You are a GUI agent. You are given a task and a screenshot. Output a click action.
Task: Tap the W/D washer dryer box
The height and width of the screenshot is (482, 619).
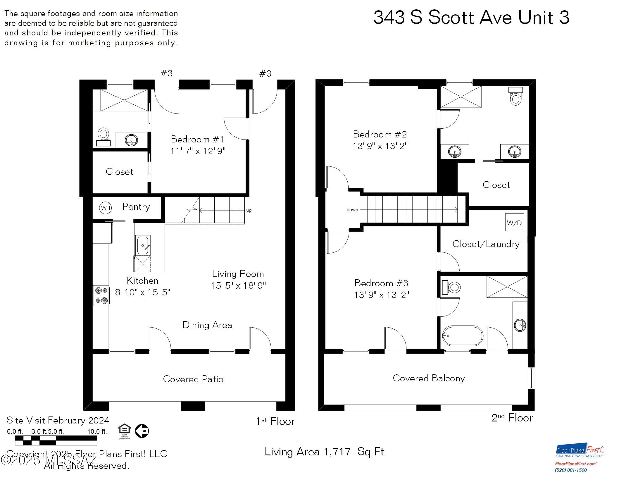pos(514,223)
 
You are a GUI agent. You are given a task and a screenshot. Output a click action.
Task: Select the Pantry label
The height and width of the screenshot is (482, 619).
pos(136,206)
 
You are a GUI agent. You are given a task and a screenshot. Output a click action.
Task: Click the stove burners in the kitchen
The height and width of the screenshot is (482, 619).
pos(101,295)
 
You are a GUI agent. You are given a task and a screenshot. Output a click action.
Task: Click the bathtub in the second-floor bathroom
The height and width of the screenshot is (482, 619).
pos(463,336)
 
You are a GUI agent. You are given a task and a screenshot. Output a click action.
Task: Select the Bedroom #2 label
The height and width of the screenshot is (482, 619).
pos(380,134)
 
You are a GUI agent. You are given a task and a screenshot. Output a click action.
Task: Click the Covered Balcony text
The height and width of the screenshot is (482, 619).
pos(429,378)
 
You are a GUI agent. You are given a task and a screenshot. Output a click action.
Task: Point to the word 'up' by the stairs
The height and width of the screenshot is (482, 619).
pos(249,210)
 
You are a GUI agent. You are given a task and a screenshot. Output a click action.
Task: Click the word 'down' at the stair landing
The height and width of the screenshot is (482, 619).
pos(352,209)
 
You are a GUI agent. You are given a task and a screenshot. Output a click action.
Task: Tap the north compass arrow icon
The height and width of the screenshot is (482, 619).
pos(142,431)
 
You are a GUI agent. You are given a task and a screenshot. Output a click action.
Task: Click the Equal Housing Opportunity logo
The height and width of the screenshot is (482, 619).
pos(124,431)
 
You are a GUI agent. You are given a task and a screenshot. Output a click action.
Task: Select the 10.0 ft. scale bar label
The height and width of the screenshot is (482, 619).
pos(97,431)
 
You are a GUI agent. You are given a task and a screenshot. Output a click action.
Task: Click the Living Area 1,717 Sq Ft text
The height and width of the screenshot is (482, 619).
pos(324,452)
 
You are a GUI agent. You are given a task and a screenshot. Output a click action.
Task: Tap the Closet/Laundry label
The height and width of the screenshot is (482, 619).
pos(486,244)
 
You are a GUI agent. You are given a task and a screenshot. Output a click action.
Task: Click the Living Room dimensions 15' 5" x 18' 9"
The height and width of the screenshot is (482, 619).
pos(238,285)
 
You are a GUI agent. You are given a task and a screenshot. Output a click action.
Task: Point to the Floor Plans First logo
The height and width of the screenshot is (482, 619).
pos(580,452)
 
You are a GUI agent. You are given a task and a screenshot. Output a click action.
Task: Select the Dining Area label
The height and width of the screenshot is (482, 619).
pos(207,325)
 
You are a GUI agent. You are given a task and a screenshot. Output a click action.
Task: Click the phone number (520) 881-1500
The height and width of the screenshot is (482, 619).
pos(571,470)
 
